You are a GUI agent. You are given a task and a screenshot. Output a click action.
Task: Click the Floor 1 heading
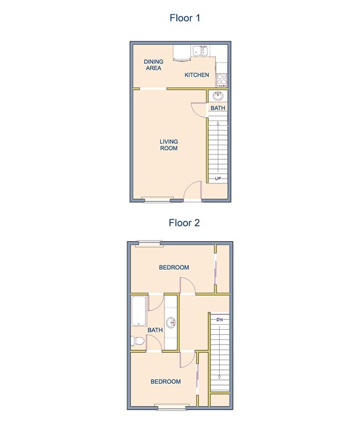(x=184, y=17)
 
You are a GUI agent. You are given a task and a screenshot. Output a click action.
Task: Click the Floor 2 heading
(x=184, y=223)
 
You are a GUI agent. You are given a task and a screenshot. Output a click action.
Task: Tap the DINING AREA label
(x=153, y=64)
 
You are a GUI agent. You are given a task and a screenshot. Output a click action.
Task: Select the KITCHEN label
(x=197, y=76)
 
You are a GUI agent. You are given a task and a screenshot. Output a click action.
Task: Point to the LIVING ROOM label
(x=169, y=144)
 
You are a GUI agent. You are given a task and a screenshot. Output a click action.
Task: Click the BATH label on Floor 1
(x=217, y=108)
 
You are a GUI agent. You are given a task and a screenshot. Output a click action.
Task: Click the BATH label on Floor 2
(x=155, y=330)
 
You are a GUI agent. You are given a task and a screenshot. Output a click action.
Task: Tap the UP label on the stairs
(x=218, y=179)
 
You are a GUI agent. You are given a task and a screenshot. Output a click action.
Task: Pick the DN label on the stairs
(x=220, y=319)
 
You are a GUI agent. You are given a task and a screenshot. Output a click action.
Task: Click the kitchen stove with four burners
(x=222, y=79)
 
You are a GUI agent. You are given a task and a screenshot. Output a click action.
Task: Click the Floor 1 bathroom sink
(x=217, y=96)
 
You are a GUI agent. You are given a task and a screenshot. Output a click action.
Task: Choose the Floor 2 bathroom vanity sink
(x=172, y=322)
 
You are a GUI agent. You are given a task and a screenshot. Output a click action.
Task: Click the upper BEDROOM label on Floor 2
(x=174, y=267)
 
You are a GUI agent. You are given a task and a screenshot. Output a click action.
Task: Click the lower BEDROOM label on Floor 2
(x=166, y=381)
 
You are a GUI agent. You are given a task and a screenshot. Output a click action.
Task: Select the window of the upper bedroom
(x=150, y=242)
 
